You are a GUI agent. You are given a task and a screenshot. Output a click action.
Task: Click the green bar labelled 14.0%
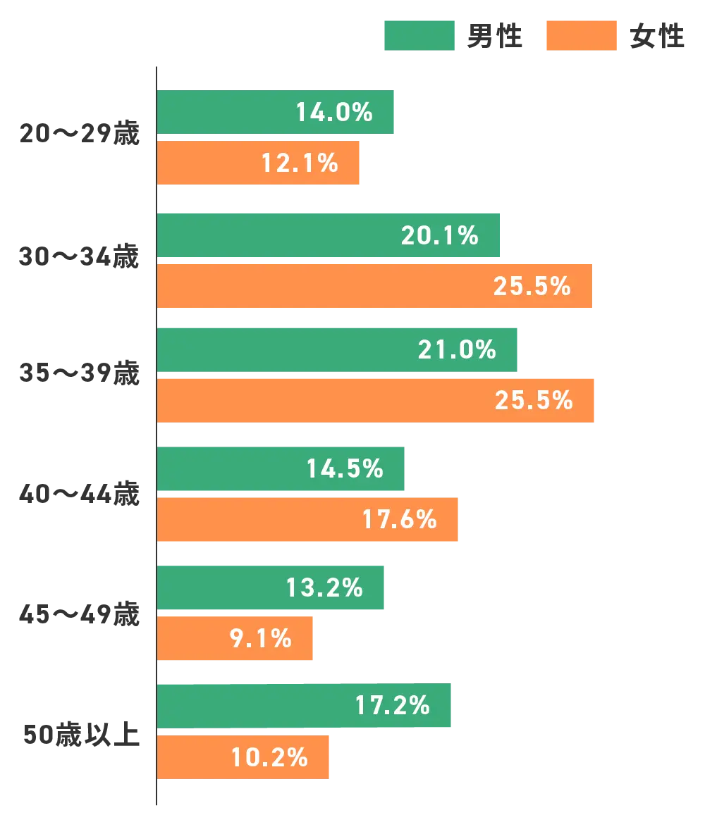click(x=275, y=113)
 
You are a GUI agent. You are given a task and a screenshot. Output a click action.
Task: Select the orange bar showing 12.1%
click(x=258, y=163)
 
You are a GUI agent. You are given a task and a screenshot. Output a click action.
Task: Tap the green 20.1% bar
click(x=329, y=235)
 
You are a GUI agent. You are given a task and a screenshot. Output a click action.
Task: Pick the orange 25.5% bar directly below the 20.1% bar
click(x=374, y=286)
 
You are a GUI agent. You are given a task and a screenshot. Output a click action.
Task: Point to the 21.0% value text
click(x=457, y=349)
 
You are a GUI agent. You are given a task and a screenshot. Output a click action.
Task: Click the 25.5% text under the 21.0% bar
click(x=533, y=400)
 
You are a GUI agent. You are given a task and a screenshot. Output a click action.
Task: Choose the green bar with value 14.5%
click(x=281, y=468)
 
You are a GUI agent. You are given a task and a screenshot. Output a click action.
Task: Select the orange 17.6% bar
click(x=309, y=520)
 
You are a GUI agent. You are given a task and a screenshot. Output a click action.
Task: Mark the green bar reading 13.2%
click(x=272, y=587)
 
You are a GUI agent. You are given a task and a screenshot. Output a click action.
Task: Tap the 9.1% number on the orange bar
click(x=260, y=638)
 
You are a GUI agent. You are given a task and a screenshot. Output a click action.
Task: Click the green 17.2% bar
click(x=303, y=706)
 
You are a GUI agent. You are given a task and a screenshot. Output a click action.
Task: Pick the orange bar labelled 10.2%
click(x=244, y=757)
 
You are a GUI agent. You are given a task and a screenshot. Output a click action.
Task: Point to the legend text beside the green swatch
click(x=493, y=36)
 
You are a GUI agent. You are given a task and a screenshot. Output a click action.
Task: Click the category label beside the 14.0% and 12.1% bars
click(x=80, y=134)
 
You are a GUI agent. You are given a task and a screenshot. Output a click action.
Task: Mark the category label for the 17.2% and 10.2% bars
click(x=81, y=733)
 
